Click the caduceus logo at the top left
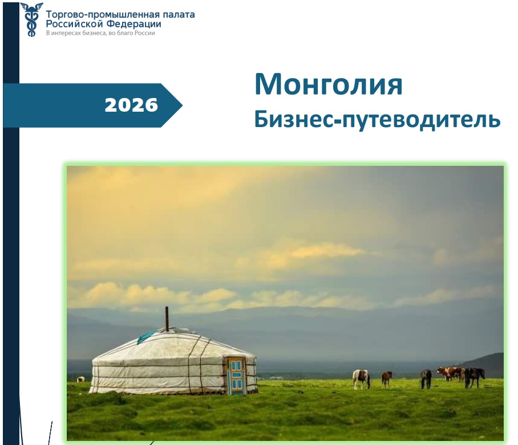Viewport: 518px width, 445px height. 32,19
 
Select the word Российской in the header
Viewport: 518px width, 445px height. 75,24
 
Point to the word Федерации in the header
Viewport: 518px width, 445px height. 134,24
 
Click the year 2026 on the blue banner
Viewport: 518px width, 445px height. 131,105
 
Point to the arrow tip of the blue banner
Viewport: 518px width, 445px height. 182,105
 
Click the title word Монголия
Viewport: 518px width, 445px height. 329,84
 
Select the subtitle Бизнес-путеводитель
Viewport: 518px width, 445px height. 377,120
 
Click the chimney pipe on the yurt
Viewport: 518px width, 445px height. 167,319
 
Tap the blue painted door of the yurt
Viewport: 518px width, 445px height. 236,375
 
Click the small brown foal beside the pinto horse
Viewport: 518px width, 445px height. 387,379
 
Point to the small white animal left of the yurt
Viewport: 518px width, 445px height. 81,379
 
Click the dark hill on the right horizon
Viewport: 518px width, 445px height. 483,365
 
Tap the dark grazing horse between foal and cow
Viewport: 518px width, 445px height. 426,378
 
